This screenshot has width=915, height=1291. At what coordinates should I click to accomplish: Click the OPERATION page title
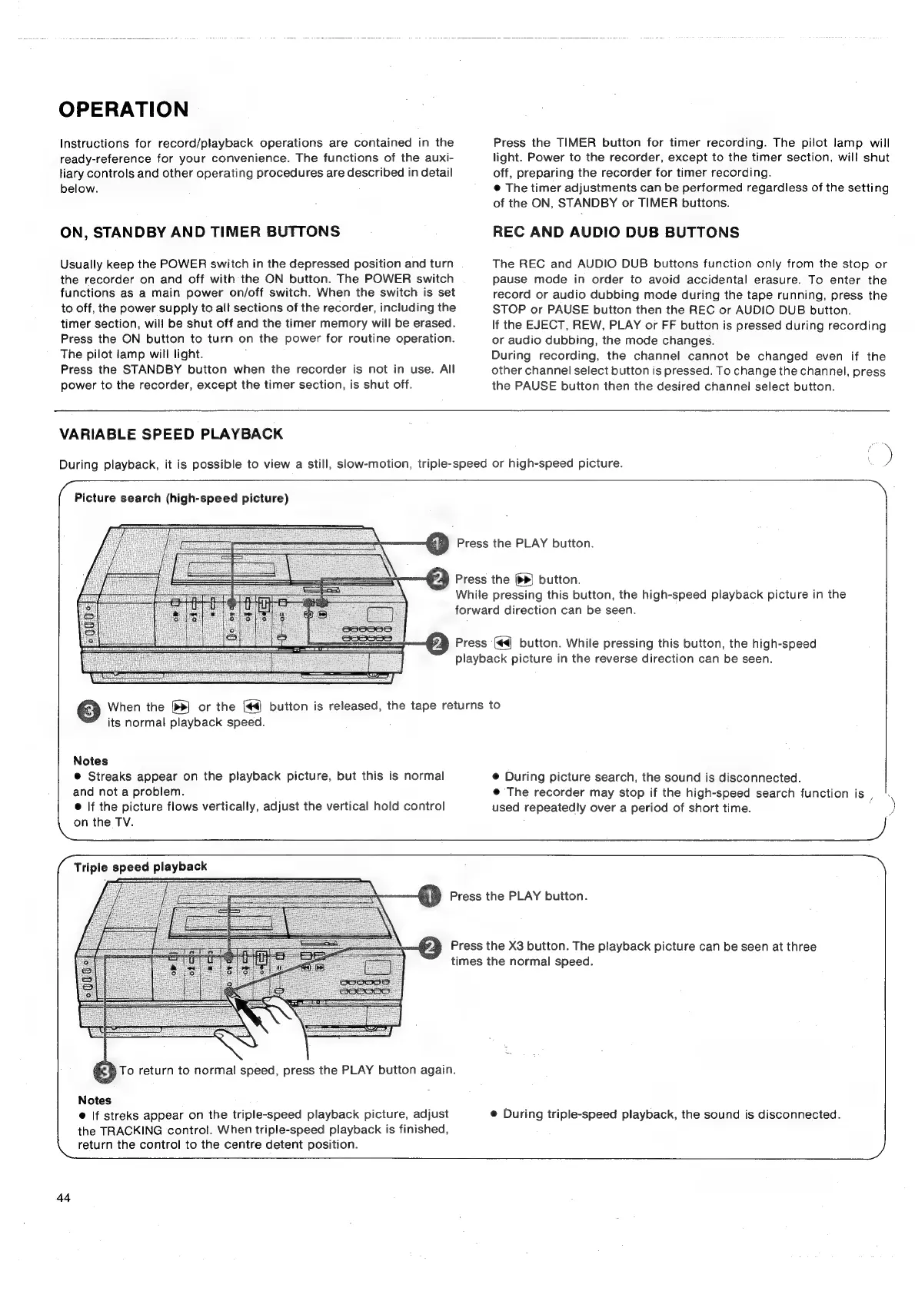[x=123, y=109]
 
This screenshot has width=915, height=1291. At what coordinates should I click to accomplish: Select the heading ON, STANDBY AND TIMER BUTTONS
[x=200, y=231]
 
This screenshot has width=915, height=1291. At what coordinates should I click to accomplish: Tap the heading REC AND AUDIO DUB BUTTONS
[x=615, y=232]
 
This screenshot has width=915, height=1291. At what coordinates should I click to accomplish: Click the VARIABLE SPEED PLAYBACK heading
[x=171, y=434]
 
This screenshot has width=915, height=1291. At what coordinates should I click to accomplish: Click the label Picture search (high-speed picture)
[x=181, y=498]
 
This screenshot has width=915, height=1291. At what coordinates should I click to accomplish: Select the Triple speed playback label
[x=140, y=866]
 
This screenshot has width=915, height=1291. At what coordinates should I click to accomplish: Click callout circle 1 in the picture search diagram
[x=437, y=544]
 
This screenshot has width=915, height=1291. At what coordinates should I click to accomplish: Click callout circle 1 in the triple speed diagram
[x=430, y=896]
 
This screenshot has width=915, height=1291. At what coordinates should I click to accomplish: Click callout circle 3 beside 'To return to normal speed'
[x=104, y=1071]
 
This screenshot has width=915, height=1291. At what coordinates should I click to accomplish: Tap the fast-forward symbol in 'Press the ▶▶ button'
[x=524, y=579]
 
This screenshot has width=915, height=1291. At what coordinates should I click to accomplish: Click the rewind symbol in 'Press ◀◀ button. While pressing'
[x=503, y=643]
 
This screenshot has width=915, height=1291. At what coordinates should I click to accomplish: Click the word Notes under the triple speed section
[x=95, y=1100]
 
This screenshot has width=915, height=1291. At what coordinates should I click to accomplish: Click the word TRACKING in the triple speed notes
[x=127, y=1130]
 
